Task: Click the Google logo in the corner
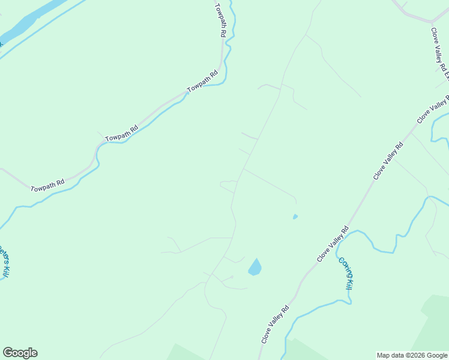click(20, 353)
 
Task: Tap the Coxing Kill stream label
click(345, 274)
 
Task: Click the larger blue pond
click(255, 267)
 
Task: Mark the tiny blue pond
click(295, 217)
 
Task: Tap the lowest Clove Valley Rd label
click(276, 325)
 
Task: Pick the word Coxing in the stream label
click(343, 267)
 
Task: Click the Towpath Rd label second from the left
click(122, 133)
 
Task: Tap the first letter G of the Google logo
click(8, 352)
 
